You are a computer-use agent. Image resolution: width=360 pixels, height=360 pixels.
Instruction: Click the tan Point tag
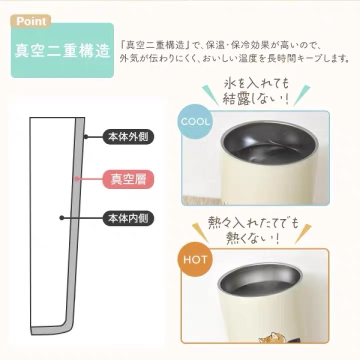(x=30, y=21)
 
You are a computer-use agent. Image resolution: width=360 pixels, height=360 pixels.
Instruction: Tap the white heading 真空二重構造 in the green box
(x=62, y=50)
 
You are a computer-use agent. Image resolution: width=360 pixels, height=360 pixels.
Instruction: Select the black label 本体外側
(x=128, y=136)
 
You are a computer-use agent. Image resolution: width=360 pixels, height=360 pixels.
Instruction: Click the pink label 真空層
(x=128, y=179)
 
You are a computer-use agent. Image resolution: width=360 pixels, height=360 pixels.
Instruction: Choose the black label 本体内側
(x=128, y=218)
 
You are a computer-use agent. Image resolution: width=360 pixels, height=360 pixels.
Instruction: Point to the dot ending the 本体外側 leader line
(x=86, y=137)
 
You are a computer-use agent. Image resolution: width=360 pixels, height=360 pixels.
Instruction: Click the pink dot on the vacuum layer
(x=77, y=179)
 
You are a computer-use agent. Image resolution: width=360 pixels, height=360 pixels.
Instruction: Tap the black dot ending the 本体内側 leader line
(x=61, y=218)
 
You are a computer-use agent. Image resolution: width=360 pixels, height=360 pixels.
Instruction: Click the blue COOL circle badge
(x=195, y=121)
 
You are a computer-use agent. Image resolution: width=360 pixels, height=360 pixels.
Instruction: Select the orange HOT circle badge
(x=195, y=259)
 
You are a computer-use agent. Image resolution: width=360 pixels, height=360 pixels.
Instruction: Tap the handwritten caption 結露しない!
(x=255, y=99)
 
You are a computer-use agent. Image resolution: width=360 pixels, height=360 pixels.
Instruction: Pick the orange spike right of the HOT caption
(x=303, y=233)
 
